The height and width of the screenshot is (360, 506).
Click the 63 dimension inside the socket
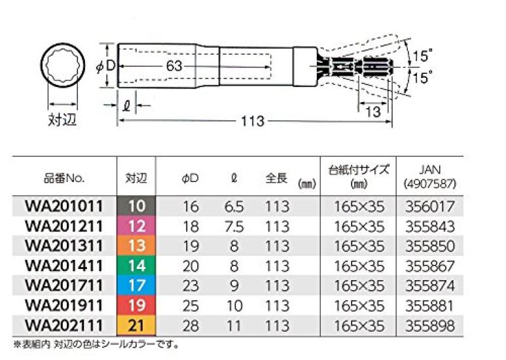pos(173,65)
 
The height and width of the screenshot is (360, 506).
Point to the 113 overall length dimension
pos(252,121)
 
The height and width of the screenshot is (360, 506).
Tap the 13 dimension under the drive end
pos(372,111)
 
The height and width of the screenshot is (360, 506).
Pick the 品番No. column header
pos(64,178)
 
